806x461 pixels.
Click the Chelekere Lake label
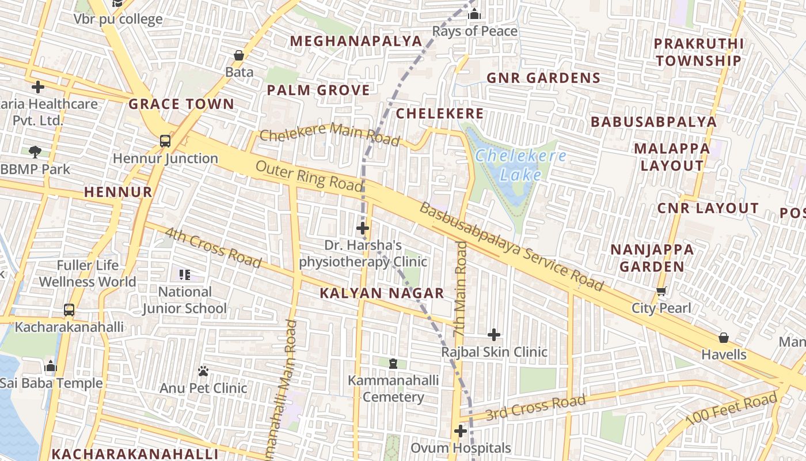(520, 165)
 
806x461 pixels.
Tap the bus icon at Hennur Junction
(165, 141)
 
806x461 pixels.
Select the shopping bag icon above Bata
(239, 55)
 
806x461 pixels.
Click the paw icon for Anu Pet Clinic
(203, 371)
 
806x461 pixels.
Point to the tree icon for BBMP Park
(35, 152)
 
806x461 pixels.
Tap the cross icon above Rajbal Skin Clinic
(493, 334)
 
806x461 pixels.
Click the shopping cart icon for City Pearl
(661, 291)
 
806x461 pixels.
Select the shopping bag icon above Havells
(724, 337)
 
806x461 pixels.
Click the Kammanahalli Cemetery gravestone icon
(393, 363)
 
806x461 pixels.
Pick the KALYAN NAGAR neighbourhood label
(382, 293)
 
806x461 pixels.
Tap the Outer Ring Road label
(309, 176)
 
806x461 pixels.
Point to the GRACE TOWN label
(181, 104)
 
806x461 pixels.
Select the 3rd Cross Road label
(535, 407)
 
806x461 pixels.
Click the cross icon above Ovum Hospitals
(460, 430)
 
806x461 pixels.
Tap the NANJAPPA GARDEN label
(652, 258)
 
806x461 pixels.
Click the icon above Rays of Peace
(474, 14)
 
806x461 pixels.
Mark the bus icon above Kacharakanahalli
(69, 310)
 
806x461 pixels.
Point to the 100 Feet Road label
(731, 409)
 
